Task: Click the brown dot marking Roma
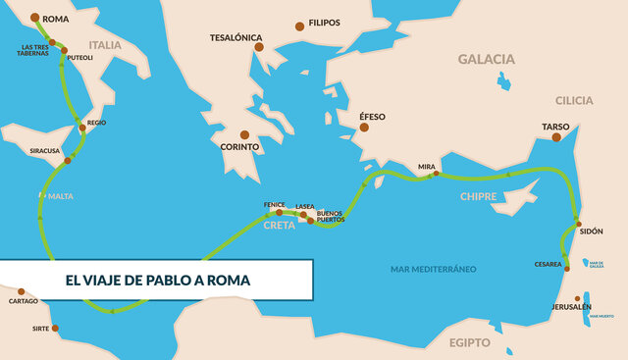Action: tap(36, 18)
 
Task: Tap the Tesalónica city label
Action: tap(235, 38)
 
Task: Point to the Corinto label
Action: tap(240, 147)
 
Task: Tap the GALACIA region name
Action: tap(486, 59)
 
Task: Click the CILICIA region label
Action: tap(574, 101)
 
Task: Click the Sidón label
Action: tap(592, 231)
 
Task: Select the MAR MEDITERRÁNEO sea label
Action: tap(433, 268)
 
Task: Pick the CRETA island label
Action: tap(280, 225)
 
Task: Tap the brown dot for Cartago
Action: tap(22, 291)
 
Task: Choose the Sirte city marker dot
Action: tap(55, 328)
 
